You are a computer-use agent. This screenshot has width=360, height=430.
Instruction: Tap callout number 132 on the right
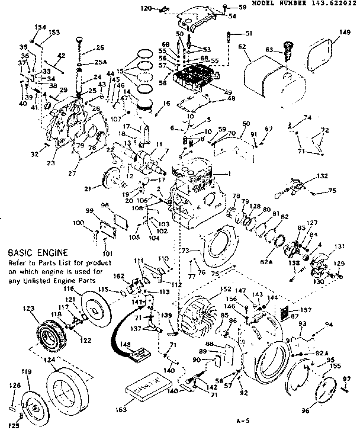[x=322, y=177]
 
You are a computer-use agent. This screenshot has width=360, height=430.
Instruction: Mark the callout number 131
[x=340, y=247]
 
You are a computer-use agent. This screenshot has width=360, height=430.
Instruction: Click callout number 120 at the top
[x=147, y=8]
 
